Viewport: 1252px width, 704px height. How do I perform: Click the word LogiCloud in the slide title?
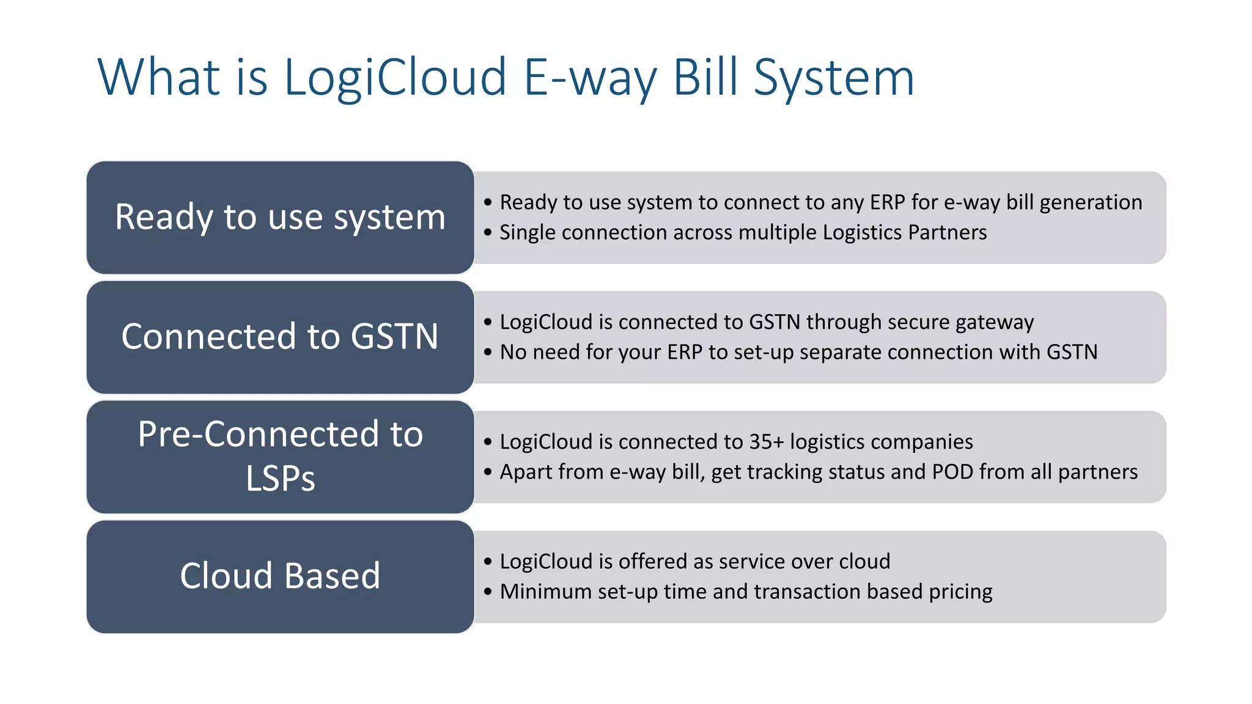coord(395,78)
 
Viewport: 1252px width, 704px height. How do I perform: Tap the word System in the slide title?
coord(834,78)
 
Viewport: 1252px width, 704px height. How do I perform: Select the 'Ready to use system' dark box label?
coord(280,217)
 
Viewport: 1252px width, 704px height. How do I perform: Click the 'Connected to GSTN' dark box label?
coord(280,337)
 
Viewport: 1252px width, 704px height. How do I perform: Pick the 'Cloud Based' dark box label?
coord(280,576)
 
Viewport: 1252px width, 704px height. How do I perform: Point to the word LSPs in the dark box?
coord(280,479)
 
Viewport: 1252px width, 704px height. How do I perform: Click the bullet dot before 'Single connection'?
coord(487,232)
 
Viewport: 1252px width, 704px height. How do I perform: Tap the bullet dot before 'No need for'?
coord(487,352)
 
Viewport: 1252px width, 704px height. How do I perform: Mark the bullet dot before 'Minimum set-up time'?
coord(487,592)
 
